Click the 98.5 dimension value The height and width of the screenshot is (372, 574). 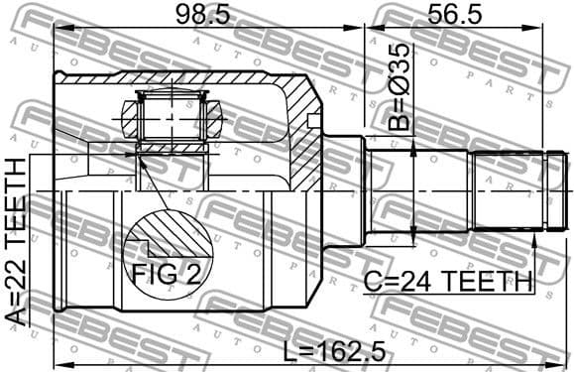pos(200,16)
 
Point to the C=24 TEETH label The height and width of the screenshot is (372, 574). pos(447,284)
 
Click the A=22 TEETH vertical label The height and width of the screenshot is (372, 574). pos(17,247)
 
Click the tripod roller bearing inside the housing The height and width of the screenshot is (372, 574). pos(171,117)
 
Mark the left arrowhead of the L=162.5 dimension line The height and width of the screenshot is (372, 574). pos(58,362)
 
